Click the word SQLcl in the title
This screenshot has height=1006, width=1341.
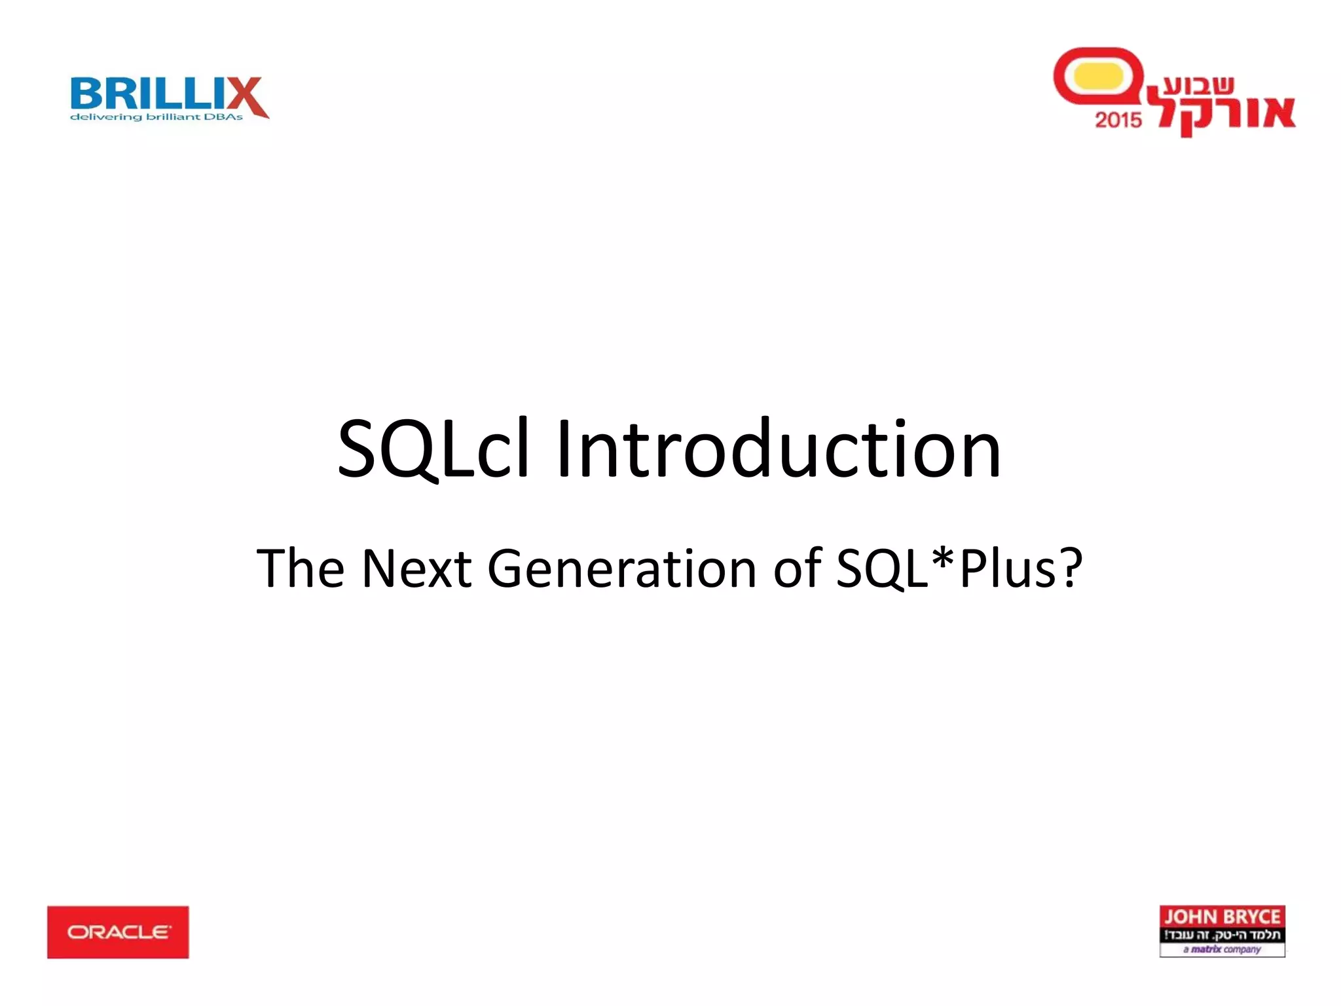pyautogui.click(x=432, y=450)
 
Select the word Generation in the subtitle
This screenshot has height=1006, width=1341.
pyautogui.click(x=622, y=569)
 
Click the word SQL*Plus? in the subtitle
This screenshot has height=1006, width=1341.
pyautogui.click(x=959, y=568)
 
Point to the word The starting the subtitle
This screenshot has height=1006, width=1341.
pyautogui.click(x=301, y=568)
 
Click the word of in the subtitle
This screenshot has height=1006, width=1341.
pyautogui.click(x=798, y=568)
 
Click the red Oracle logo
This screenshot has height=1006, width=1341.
pyautogui.click(x=118, y=931)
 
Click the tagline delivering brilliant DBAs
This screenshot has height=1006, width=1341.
pyautogui.click(x=156, y=117)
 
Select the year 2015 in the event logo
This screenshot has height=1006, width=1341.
pyautogui.click(x=1118, y=120)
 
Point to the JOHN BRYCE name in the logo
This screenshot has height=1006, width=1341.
pyautogui.click(x=1222, y=916)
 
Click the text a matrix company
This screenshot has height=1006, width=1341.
pyautogui.click(x=1222, y=949)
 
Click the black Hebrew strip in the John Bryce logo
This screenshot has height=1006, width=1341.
pyautogui.click(x=1222, y=935)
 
